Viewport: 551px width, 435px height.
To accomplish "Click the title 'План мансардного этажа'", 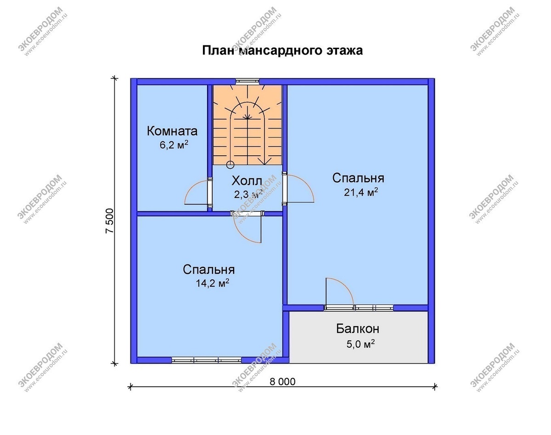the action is (x=282, y=51).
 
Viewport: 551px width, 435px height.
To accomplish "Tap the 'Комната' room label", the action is (x=172, y=131).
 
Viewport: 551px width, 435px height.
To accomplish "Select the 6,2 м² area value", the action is (x=174, y=145).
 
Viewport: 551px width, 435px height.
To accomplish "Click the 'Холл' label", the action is (x=247, y=181).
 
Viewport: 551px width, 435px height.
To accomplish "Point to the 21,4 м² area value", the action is (x=361, y=192).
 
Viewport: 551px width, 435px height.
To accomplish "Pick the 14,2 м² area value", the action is (x=212, y=283).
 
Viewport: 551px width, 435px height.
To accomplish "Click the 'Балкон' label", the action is (x=358, y=329).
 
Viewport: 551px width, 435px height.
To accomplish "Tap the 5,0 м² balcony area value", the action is (x=360, y=344).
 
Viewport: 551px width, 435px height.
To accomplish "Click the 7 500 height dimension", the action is (x=110, y=221).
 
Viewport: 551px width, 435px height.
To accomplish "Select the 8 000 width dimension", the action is (x=282, y=382).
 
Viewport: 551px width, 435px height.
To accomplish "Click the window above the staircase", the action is (x=247, y=81).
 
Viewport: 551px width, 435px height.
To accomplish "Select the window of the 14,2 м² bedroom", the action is (x=206, y=360).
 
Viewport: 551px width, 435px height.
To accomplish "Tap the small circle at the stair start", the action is (x=231, y=165).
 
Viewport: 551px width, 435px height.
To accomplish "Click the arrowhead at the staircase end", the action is (x=264, y=161).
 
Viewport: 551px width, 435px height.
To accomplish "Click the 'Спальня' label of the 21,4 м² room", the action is (x=358, y=178).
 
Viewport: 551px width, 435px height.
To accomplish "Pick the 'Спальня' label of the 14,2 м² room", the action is (x=208, y=270).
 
